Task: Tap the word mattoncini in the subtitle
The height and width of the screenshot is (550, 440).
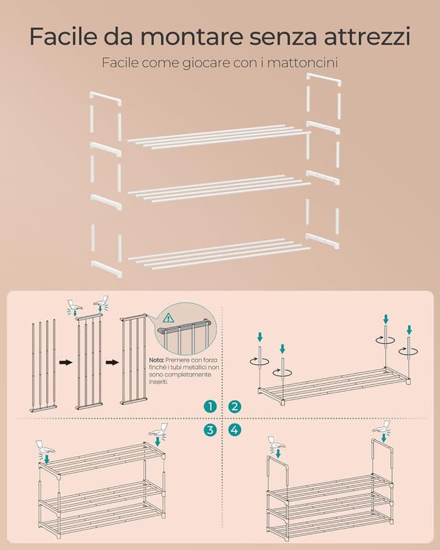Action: tap(303, 63)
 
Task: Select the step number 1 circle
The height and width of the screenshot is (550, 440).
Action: tap(210, 407)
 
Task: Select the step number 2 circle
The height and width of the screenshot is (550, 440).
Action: tap(235, 407)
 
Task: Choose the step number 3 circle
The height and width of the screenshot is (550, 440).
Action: tap(210, 430)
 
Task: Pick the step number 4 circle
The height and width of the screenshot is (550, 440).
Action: tap(235, 430)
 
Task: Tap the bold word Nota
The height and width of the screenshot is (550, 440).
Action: tap(156, 360)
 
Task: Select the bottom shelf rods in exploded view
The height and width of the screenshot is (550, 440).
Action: tap(219, 251)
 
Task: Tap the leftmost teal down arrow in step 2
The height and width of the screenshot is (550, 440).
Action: tap(260, 338)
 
